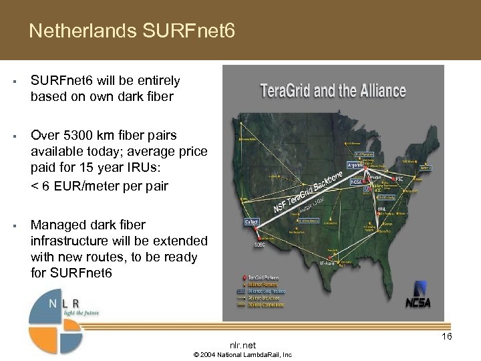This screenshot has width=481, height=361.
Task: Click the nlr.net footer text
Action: [243, 345]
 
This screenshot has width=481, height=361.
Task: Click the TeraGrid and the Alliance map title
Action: [333, 90]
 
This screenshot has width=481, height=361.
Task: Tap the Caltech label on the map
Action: [252, 221]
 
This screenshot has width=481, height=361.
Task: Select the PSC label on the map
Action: [398, 179]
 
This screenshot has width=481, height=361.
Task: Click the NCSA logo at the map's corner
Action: [418, 295]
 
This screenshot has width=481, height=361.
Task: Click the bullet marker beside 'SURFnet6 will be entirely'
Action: [14, 82]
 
